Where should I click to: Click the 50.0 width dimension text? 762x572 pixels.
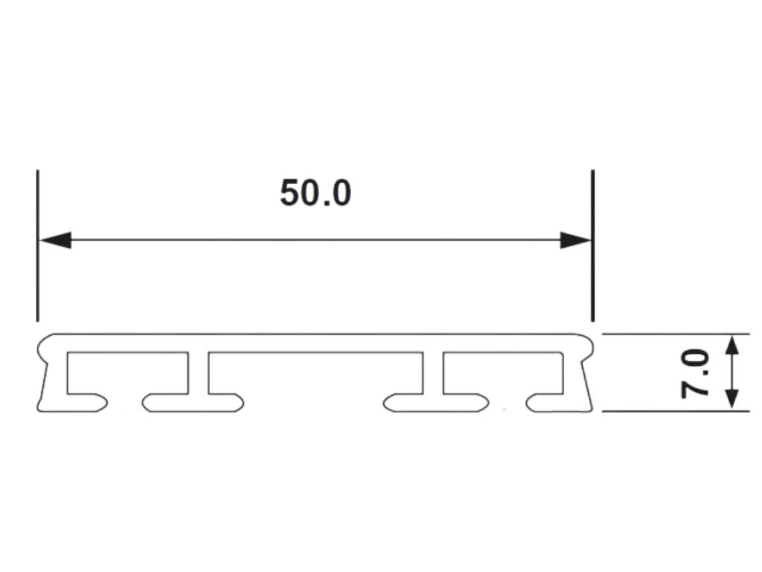click(315, 194)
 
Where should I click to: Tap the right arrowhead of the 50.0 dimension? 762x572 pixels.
click(575, 241)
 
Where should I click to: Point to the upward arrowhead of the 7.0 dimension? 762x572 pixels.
click(733, 347)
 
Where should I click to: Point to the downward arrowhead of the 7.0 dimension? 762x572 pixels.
click(733, 397)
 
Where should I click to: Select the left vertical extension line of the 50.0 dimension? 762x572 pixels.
click(37, 246)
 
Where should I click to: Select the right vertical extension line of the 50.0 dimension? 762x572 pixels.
click(592, 246)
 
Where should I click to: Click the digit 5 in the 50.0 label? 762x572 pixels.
click(289, 194)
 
